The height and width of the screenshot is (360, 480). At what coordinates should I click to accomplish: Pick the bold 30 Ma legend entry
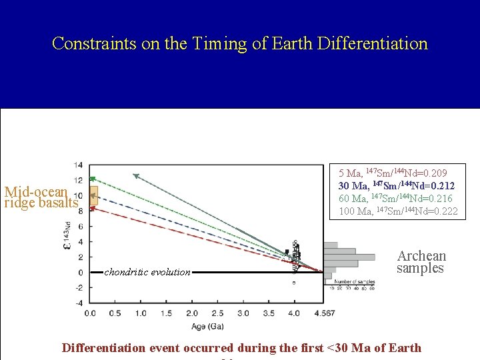(x=397, y=186)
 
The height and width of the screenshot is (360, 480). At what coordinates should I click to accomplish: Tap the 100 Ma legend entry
(x=398, y=211)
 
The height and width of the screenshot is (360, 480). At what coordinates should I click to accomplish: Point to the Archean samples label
(x=421, y=262)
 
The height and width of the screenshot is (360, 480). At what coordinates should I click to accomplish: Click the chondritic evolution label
(x=147, y=272)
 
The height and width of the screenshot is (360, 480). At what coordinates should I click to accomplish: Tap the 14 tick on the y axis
(x=79, y=165)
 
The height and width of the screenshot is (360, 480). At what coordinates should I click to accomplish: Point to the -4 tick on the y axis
(x=78, y=303)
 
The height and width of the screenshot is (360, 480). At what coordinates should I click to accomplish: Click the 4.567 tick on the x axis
(x=325, y=313)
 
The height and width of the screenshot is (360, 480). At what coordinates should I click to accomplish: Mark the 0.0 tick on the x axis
(x=89, y=313)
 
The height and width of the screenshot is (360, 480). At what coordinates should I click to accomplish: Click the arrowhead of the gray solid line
(x=135, y=176)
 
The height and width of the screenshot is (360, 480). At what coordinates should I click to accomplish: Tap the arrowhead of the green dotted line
(x=92, y=179)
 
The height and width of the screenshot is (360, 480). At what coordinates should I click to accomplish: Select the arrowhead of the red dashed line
(x=92, y=208)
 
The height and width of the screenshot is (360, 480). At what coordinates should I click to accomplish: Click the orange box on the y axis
(x=93, y=195)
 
